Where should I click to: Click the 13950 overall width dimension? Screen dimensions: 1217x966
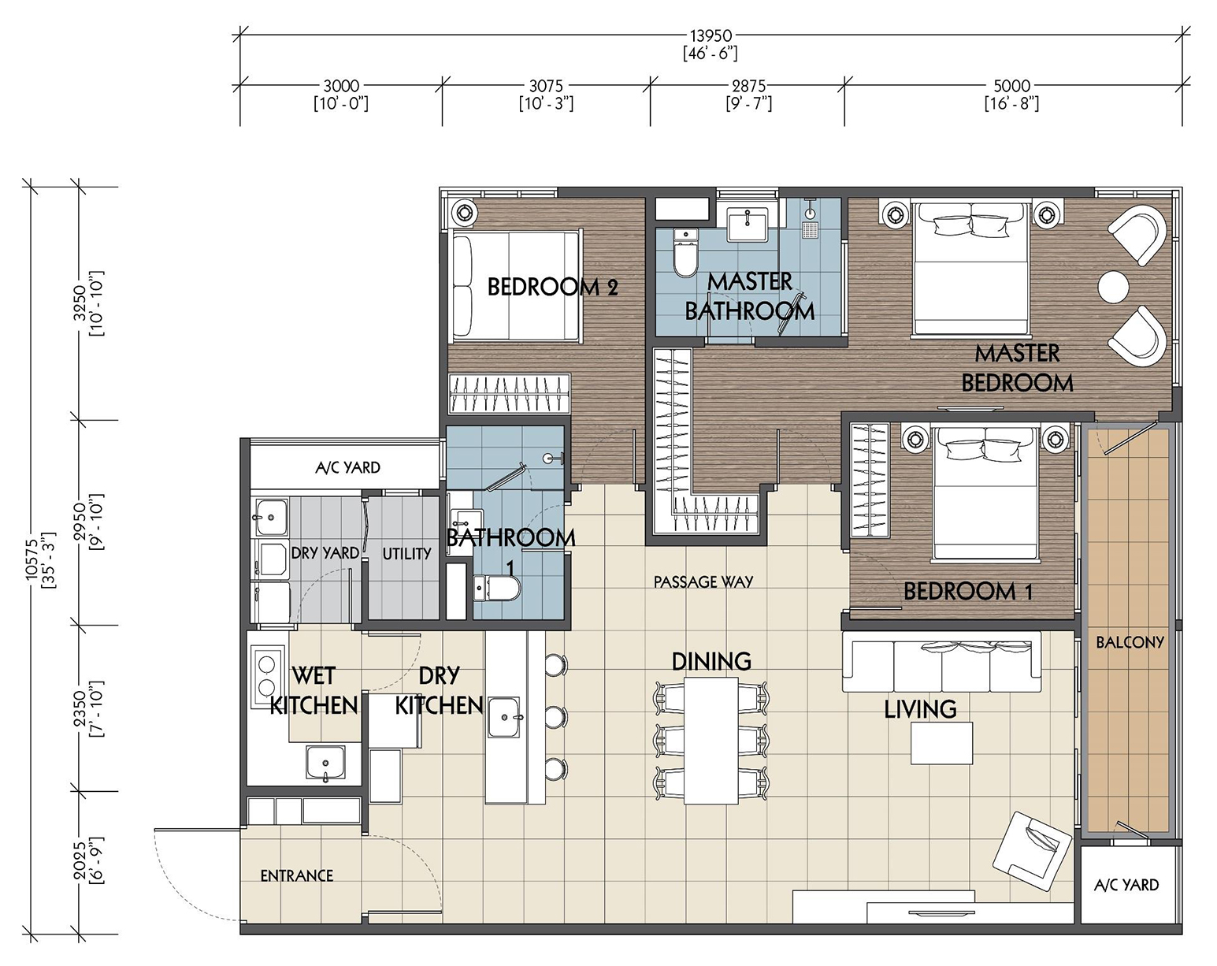pos(711,36)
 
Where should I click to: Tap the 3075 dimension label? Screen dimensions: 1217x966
pos(546,86)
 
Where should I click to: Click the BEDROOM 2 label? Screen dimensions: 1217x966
pos(552,288)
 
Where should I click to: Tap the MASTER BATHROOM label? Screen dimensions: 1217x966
pos(750,296)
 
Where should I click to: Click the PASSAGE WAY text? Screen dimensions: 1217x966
pos(703,581)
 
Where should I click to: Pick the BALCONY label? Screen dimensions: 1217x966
pos(1130,641)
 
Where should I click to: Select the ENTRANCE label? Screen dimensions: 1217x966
pos(297,876)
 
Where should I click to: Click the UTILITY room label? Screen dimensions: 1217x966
pos(406,553)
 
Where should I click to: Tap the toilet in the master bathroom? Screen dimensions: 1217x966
pos(685,253)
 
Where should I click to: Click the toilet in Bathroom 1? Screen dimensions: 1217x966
pos(496,589)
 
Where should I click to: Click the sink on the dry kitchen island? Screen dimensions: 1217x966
pos(504,718)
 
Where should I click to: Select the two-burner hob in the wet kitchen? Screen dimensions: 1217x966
pos(265,675)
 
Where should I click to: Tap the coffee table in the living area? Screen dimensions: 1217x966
pos(941,743)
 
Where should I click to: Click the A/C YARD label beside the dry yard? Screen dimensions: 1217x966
pos(347,467)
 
